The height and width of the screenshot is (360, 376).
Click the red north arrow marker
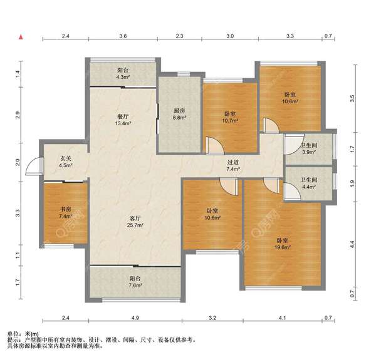click(21, 37)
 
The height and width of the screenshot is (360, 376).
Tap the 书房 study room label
click(65, 209)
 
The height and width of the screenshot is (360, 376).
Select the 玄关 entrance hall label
click(66, 158)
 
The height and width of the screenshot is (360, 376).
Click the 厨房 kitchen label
click(179, 111)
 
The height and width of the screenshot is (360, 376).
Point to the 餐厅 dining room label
click(123, 116)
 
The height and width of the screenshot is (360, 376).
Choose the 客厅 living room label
click(135, 219)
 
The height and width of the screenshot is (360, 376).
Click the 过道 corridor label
click(233, 162)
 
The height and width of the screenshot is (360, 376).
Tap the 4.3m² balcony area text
click(123, 77)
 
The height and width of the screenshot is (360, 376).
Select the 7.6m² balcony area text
click(135, 285)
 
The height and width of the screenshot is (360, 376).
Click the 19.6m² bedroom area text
click(283, 247)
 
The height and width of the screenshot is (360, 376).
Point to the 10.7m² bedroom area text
click(230, 121)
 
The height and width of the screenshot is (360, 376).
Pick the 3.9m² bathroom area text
click(309, 152)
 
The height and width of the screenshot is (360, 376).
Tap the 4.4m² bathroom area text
click(309, 187)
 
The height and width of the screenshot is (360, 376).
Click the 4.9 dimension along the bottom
click(135, 318)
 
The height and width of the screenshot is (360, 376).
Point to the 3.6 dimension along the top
click(123, 36)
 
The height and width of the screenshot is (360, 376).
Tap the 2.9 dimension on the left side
click(18, 115)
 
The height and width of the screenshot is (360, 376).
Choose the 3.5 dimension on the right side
click(352, 98)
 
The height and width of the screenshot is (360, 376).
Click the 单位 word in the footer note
click(13, 334)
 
